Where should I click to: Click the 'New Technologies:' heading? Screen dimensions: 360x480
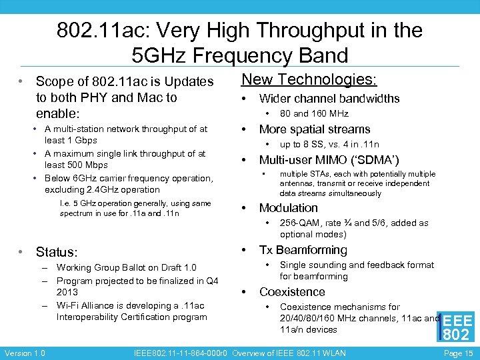(x=309, y=80)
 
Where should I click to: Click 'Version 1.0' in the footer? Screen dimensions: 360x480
(x=24, y=353)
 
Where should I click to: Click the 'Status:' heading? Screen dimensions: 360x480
(x=57, y=252)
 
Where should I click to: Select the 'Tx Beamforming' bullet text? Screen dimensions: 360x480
(x=303, y=250)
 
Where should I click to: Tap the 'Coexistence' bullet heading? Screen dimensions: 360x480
(x=292, y=292)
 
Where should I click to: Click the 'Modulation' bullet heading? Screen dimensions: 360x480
(x=288, y=208)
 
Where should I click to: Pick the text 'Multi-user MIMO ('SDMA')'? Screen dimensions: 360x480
(x=329, y=160)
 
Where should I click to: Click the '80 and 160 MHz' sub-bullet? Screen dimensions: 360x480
(x=314, y=113)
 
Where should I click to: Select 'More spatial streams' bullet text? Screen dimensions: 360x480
(x=314, y=129)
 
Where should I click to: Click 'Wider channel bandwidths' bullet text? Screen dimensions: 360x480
(x=329, y=99)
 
